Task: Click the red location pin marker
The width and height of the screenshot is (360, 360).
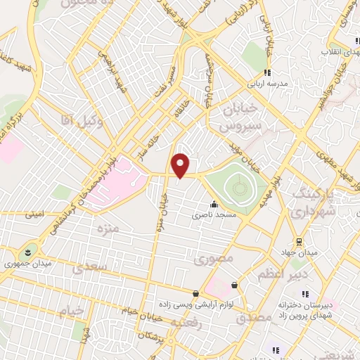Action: pyautogui.click(x=181, y=165)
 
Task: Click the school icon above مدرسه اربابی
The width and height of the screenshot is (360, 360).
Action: pyautogui.click(x=267, y=71)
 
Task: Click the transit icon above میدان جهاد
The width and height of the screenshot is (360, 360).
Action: pyautogui.click(x=297, y=241)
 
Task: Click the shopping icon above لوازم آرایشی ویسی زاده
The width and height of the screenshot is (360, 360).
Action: pyautogui.click(x=195, y=293)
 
